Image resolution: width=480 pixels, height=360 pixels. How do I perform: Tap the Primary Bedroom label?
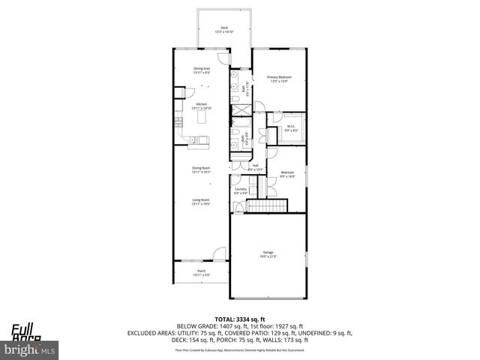click(x=279, y=79)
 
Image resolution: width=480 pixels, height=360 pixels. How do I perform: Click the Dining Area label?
click(x=201, y=70)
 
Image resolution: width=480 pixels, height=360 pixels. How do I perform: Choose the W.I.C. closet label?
click(x=292, y=128)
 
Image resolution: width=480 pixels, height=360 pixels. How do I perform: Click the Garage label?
click(x=268, y=253)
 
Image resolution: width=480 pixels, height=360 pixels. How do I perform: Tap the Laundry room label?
click(x=240, y=190)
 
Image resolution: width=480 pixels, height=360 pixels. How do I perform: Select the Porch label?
click(x=201, y=272)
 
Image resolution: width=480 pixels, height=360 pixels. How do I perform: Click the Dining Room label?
click(x=200, y=169)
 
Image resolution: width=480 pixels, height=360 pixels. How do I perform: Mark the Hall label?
click(x=255, y=166)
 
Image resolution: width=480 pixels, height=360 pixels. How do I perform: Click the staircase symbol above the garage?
click(x=268, y=207)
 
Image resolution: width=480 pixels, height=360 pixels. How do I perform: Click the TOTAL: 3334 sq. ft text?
click(x=239, y=319)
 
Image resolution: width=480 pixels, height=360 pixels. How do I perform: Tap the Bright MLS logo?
click(x=29, y=349)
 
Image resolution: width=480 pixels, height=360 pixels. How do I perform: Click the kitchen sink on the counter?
click(x=193, y=139)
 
